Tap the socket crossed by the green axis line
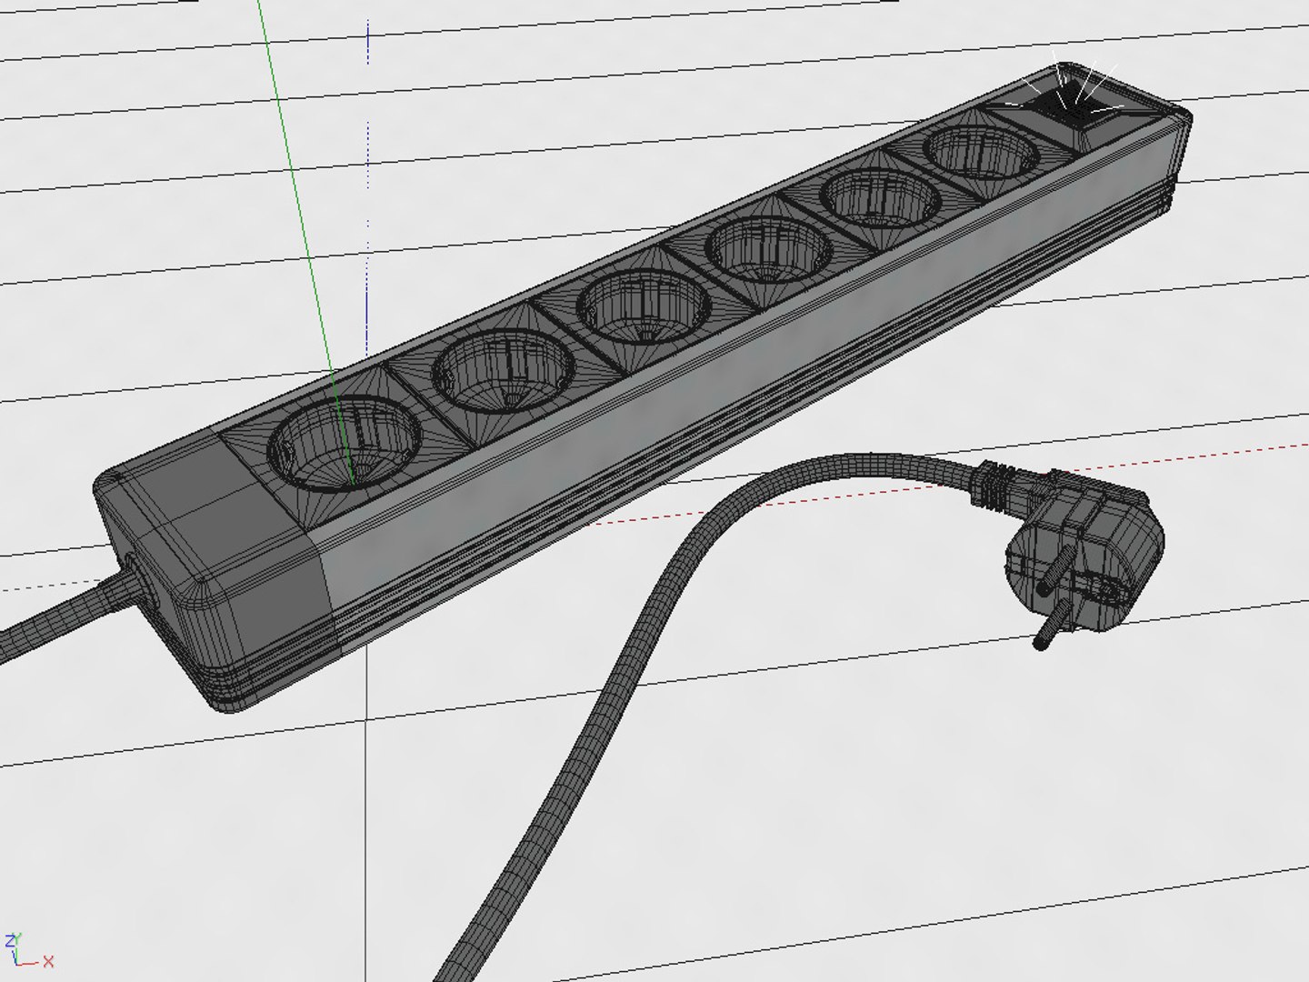(342, 447)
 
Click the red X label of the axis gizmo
(48, 961)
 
